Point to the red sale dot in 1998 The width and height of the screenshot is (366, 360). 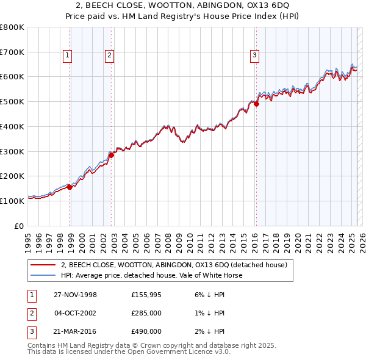point(70,187)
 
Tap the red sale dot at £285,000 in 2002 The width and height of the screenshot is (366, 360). point(112,155)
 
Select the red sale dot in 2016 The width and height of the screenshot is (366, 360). point(257,104)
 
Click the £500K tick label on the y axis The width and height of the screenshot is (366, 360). point(12,101)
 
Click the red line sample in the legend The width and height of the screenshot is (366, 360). point(43,265)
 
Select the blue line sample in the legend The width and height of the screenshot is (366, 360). point(43,275)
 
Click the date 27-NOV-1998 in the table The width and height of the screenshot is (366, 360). point(76,295)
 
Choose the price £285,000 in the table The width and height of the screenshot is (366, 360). point(146,313)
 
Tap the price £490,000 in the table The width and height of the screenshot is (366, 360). point(146,331)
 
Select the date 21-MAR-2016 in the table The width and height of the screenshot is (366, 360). point(76,331)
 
